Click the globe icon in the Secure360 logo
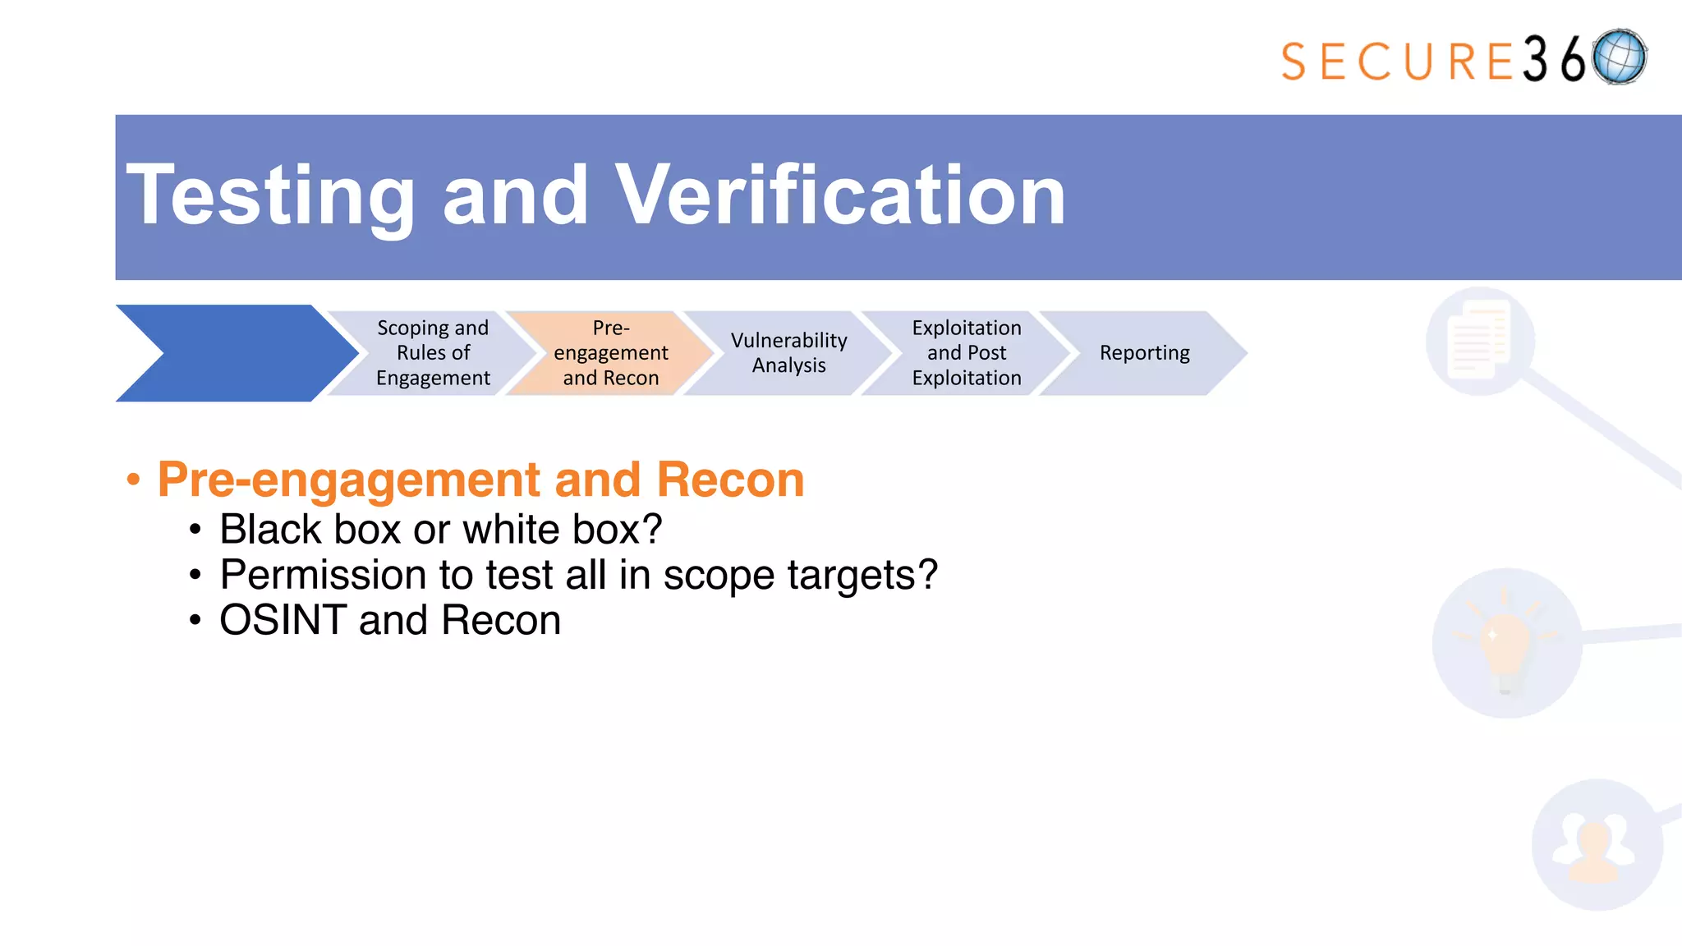(1619, 57)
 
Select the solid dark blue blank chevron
(234, 353)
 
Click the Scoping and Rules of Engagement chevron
(433, 353)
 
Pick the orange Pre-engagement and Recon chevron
(610, 353)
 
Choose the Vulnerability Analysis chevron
(788, 353)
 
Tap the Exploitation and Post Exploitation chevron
(967, 353)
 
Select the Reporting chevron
(1144, 353)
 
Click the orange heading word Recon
(730, 480)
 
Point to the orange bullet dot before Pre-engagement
(134, 480)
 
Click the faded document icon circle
(1480, 340)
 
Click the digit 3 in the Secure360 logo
(1535, 59)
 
